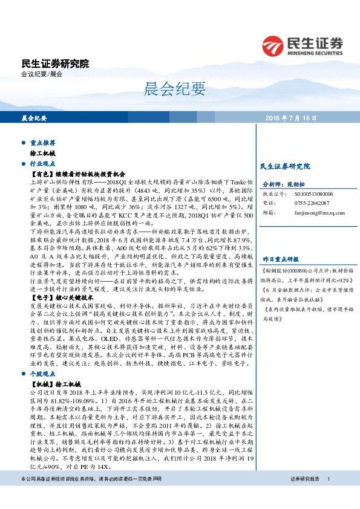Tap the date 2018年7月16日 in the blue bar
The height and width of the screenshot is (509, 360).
(x=290, y=118)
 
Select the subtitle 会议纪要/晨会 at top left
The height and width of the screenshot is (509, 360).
(x=42, y=74)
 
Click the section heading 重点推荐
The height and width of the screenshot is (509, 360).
(x=42, y=143)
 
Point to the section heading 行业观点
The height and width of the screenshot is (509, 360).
(x=42, y=163)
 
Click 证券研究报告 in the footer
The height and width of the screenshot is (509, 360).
(x=304, y=496)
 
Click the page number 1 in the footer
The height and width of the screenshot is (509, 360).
(x=328, y=496)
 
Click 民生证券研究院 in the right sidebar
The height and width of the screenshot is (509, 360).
(x=284, y=165)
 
